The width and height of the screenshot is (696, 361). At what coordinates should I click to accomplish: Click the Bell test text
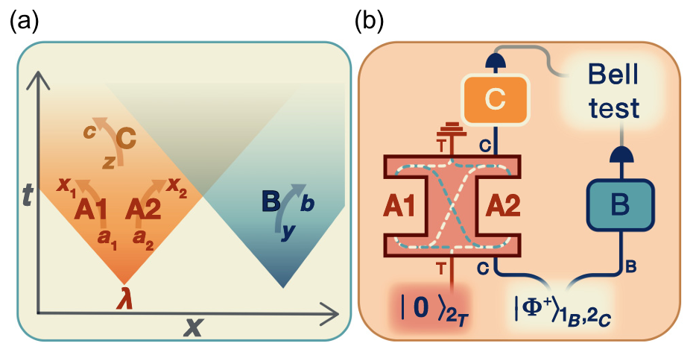tap(613, 91)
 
